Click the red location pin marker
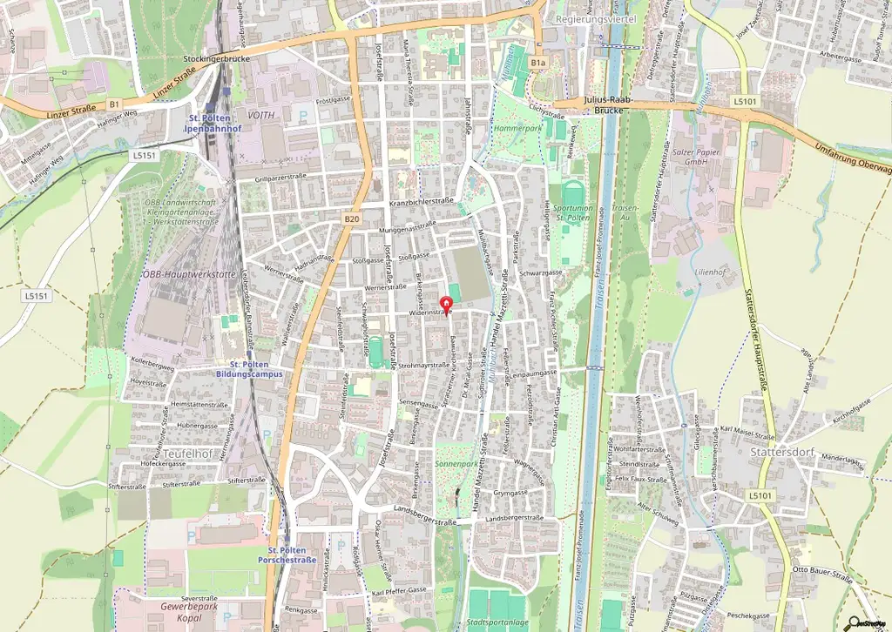click(x=447, y=305)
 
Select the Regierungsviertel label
click(x=597, y=17)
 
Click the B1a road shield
click(x=538, y=63)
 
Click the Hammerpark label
click(x=517, y=127)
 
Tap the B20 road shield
click(x=351, y=219)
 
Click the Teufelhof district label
click(x=187, y=453)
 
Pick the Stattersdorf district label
click(x=780, y=452)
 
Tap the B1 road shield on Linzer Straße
click(x=114, y=104)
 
